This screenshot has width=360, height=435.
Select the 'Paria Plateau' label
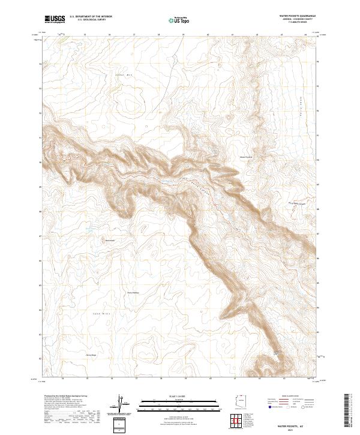pyautogui.click(x=133, y=293)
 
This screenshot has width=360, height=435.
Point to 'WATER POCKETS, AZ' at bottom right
pyautogui.click(x=289, y=425)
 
